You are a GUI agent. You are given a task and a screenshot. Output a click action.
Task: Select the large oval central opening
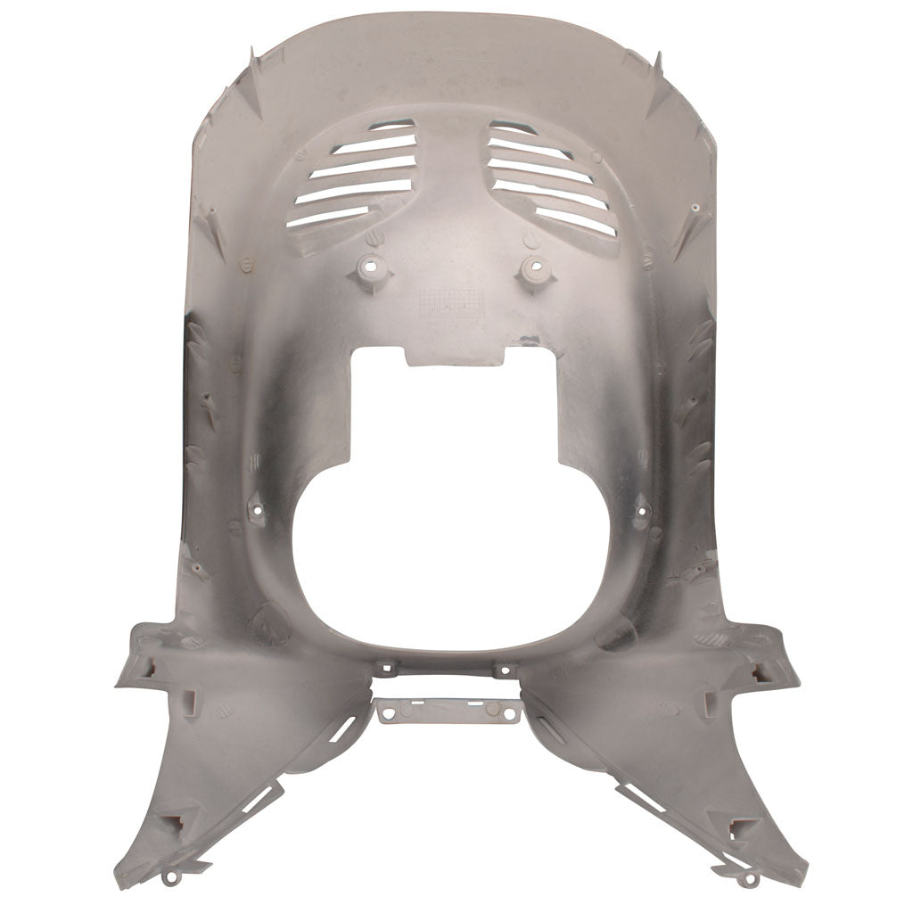pyautogui.click(x=455, y=553)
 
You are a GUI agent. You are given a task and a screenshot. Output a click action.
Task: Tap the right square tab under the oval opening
pyautogui.click(x=505, y=668)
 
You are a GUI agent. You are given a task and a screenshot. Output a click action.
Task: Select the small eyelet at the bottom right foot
pyautogui.click(x=744, y=880)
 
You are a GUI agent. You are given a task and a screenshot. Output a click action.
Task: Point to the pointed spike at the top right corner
pyautogui.click(x=657, y=62)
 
